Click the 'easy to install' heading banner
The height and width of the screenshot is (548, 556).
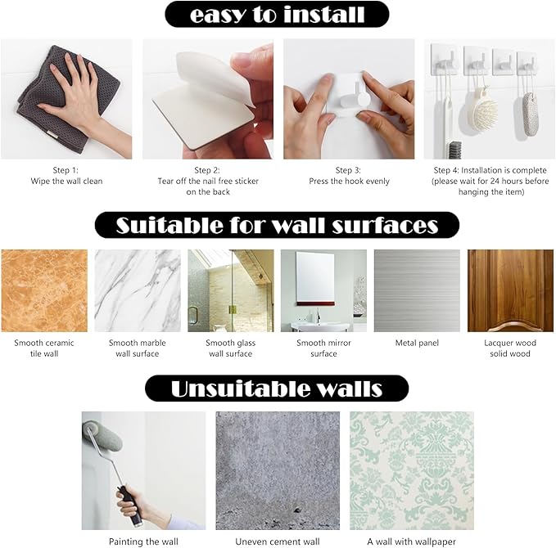click(277, 14)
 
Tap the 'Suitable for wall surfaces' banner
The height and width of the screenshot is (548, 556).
click(277, 225)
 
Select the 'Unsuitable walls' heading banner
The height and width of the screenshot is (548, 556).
click(277, 389)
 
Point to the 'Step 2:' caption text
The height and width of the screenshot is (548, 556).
click(207, 170)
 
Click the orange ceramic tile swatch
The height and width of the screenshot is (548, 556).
click(44, 290)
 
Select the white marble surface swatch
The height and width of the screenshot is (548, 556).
click(138, 290)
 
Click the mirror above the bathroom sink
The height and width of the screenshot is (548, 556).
click(315, 277)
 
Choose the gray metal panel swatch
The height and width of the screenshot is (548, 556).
click(417, 290)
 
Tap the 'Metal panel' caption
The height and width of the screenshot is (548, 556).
click(417, 343)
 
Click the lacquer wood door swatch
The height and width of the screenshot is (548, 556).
click(510, 290)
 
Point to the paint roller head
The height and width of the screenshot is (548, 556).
click(102, 437)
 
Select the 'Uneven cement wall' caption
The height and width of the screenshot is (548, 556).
click(278, 541)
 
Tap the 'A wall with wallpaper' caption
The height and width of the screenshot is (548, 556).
click(411, 541)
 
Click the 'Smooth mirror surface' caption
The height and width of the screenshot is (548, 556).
click(323, 348)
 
